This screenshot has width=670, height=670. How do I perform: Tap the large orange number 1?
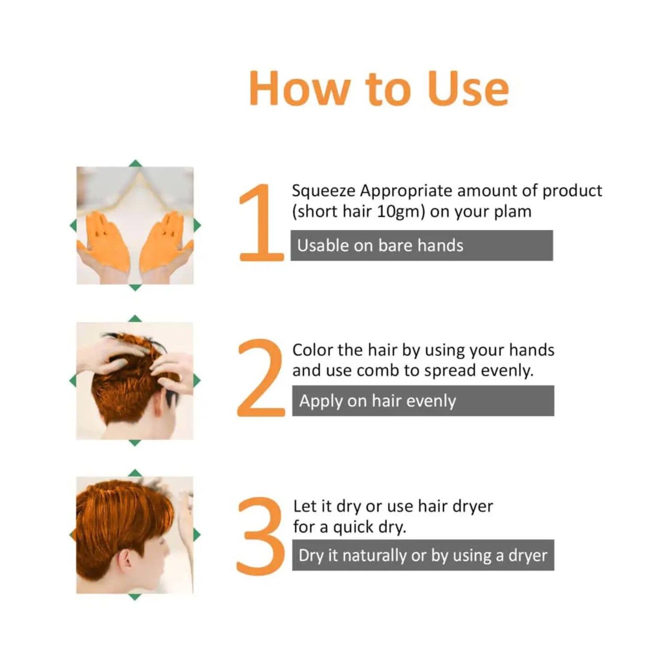pyautogui.click(x=260, y=223)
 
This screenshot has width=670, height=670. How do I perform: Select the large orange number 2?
pyautogui.click(x=261, y=378)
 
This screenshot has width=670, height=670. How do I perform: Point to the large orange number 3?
pyautogui.click(x=261, y=536)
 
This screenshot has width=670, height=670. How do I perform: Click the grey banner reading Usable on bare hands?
pyautogui.click(x=421, y=245)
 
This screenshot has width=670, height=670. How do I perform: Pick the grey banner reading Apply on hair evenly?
pyautogui.click(x=422, y=401)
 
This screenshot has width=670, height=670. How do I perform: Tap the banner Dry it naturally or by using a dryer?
pyautogui.click(x=422, y=555)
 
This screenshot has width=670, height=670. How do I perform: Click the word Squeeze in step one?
pyautogui.click(x=323, y=191)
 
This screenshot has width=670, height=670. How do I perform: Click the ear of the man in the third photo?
pyautogui.click(x=126, y=560)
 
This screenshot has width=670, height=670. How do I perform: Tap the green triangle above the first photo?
pyautogui.click(x=135, y=163)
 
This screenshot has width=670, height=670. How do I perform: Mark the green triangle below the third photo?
pyautogui.click(x=134, y=597)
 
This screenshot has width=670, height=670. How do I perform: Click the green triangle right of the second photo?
pyautogui.click(x=197, y=381)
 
